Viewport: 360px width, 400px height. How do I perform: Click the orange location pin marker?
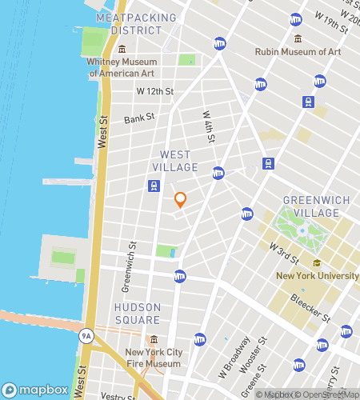[x=180, y=200]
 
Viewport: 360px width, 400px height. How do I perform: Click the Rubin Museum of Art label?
[x=298, y=51]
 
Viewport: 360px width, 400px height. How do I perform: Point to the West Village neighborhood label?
[x=174, y=161]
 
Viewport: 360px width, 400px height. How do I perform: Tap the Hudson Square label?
[x=137, y=313]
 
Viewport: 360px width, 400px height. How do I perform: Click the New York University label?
[x=317, y=276]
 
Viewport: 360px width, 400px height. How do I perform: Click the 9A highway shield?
[x=86, y=336]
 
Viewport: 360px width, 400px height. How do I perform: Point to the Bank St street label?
[x=138, y=119]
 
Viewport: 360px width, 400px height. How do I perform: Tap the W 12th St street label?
[x=154, y=91]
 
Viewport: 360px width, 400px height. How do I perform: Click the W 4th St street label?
[x=207, y=128]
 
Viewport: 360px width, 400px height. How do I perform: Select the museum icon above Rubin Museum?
[x=298, y=38]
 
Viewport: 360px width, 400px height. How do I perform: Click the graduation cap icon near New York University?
[x=317, y=263]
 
